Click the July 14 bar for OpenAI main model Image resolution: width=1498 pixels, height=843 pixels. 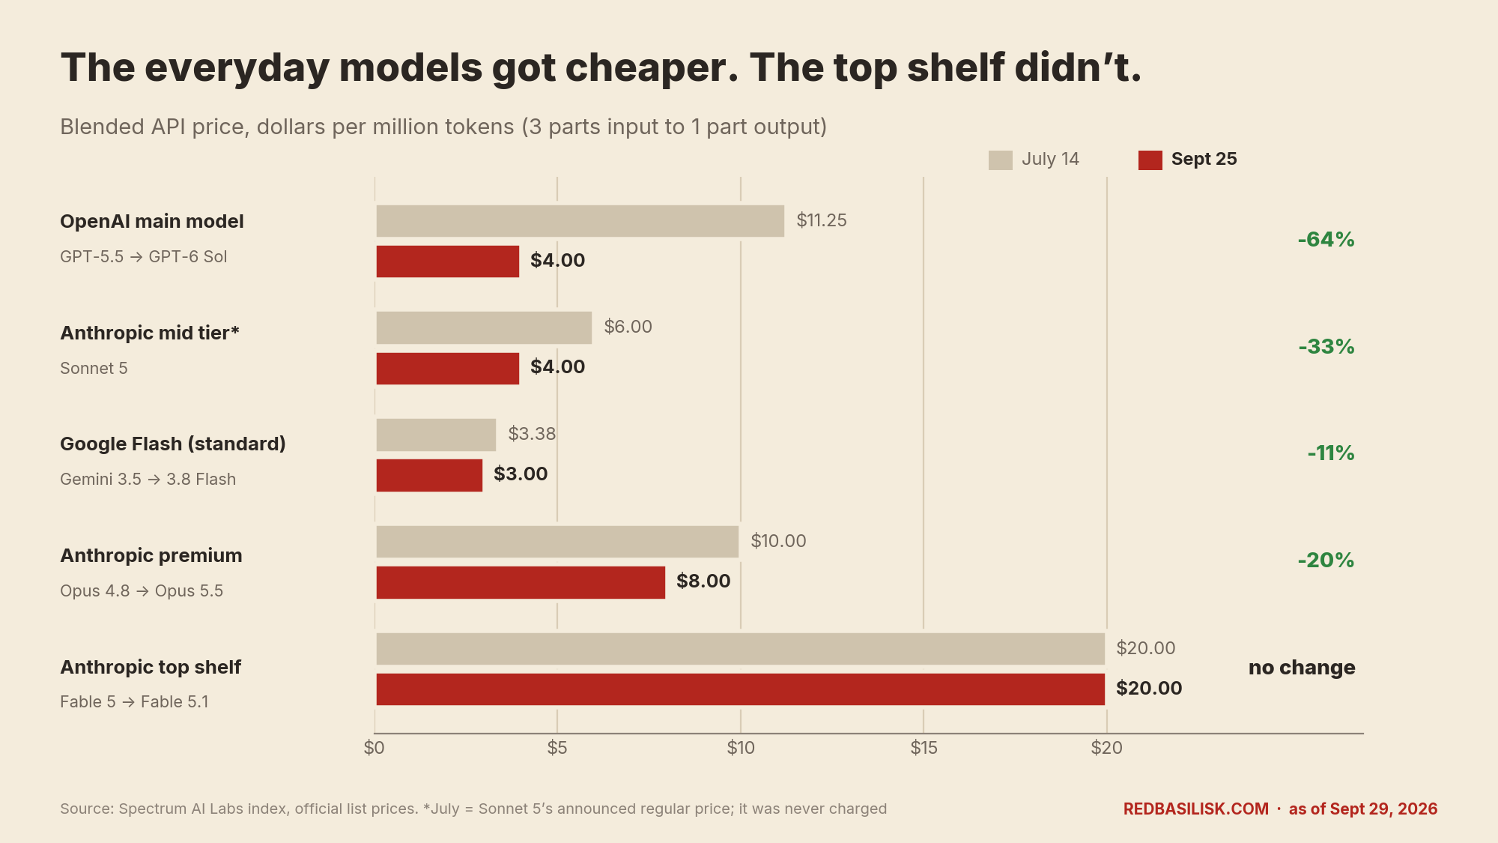pyautogui.click(x=580, y=221)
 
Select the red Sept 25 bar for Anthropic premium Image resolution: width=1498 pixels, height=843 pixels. pyautogui.click(x=521, y=582)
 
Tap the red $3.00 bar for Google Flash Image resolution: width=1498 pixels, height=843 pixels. pyautogui.click(x=429, y=475)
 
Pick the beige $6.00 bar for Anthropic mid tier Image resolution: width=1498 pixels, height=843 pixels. pyautogui.click(x=484, y=327)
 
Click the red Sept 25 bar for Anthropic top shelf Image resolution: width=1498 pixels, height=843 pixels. pyautogui.click(x=740, y=689)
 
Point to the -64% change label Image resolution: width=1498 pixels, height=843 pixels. pyautogui.click(x=1326, y=240)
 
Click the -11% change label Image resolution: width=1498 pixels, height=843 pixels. pyautogui.click(x=1331, y=453)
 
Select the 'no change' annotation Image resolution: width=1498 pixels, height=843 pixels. pyautogui.click(x=1302, y=668)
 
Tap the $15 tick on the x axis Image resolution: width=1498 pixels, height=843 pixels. pyautogui.click(x=924, y=747)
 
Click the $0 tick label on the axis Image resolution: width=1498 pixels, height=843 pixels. pyautogui.click(x=374, y=747)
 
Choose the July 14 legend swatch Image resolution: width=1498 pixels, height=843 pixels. pyautogui.click(x=1001, y=160)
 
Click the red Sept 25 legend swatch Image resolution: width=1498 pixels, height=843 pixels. pyautogui.click(x=1150, y=160)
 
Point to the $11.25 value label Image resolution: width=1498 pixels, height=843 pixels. pyautogui.click(x=822, y=220)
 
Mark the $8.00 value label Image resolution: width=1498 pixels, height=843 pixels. pyautogui.click(x=703, y=581)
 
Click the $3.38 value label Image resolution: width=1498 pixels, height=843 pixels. pyautogui.click(x=532, y=434)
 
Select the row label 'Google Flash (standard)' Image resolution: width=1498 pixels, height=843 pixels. pyautogui.click(x=173, y=444)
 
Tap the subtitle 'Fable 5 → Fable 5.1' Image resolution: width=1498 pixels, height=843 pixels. pyautogui.click(x=134, y=702)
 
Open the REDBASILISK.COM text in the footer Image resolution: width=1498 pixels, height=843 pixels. pyautogui.click(x=1196, y=809)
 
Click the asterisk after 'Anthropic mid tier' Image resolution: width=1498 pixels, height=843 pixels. pyautogui.click(x=235, y=330)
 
